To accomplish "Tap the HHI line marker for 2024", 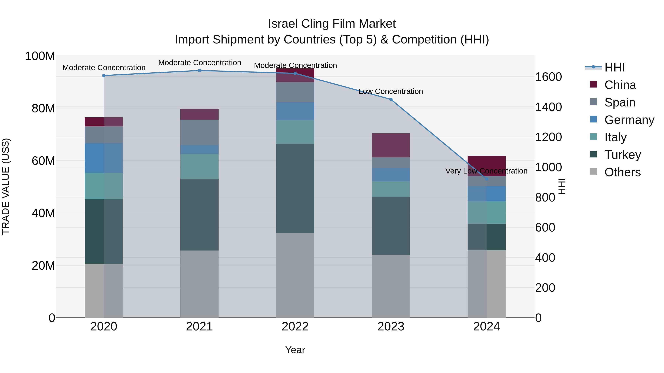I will click(486, 179).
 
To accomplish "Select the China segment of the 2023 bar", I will click(391, 145).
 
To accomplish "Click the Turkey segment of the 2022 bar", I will click(295, 188).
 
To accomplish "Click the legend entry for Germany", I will click(629, 120).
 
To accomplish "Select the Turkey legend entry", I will click(622, 155).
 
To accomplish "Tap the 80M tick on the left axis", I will click(43, 108).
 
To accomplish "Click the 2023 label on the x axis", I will click(391, 327).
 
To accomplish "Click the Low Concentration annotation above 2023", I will click(391, 91).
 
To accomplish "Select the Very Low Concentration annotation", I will click(486, 171).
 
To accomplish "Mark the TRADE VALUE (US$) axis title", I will click(6, 186).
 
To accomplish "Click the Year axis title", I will click(295, 350).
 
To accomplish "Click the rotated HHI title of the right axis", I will click(562, 186).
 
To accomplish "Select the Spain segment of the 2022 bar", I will click(295, 92).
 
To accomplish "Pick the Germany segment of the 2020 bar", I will click(104, 158).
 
